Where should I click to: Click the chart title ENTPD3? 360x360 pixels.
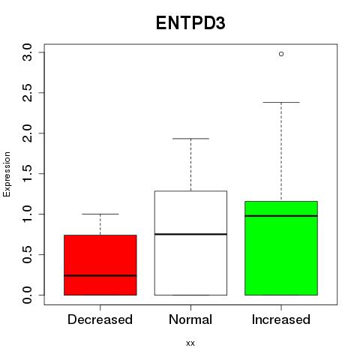coord(190,23)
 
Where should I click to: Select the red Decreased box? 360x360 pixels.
coord(100,265)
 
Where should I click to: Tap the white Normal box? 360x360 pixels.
coord(190,243)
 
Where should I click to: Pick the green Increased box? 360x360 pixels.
coord(281,248)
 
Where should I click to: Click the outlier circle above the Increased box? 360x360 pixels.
coord(281,54)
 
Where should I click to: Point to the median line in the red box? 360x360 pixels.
coord(100,275)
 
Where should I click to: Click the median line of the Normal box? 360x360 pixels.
coord(190,234)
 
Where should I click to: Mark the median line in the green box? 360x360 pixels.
coord(281,216)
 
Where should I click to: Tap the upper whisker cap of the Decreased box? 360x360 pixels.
coord(100,214)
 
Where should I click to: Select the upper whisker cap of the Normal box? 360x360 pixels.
coord(190,139)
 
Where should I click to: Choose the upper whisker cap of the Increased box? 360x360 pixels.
coord(281,102)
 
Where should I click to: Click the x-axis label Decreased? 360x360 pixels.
coord(100,319)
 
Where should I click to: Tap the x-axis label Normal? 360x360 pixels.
coord(190,319)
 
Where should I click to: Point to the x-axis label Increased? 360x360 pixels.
coord(281,319)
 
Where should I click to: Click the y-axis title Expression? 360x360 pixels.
coord(7,174)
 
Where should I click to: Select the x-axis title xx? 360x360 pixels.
coord(190,343)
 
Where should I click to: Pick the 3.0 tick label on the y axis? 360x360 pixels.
coord(27,52)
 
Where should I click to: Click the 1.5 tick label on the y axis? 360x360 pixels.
coord(27,173)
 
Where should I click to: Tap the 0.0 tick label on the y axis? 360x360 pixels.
coord(27,295)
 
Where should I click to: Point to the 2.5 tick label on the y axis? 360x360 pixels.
coord(27,93)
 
